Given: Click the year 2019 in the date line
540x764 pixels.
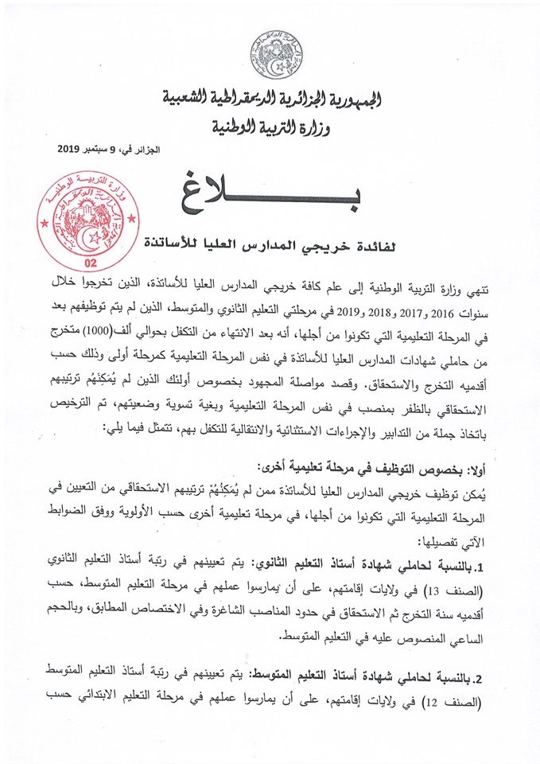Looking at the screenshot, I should [76, 150].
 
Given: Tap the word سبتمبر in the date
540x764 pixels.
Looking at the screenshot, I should [110, 150].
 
